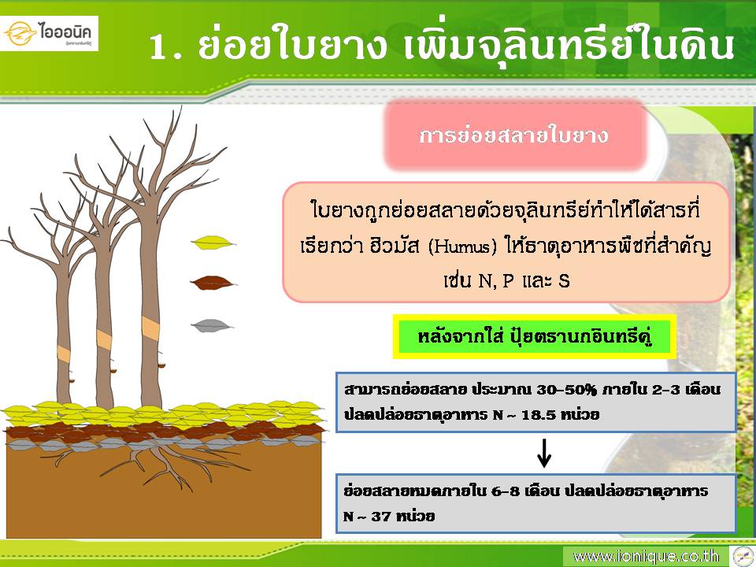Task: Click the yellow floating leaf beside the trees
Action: [213, 242]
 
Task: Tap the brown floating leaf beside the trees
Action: [212, 283]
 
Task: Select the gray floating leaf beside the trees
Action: [212, 326]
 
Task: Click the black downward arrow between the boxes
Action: [544, 452]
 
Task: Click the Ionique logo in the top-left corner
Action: [49, 33]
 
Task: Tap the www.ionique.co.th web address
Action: [646, 557]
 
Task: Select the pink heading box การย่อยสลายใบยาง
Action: [514, 135]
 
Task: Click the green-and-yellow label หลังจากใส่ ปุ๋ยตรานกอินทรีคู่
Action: [534, 336]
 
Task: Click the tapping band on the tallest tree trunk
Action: [150, 328]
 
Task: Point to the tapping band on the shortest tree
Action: [64, 354]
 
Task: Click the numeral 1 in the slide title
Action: [160, 47]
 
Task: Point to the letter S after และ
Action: [564, 280]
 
